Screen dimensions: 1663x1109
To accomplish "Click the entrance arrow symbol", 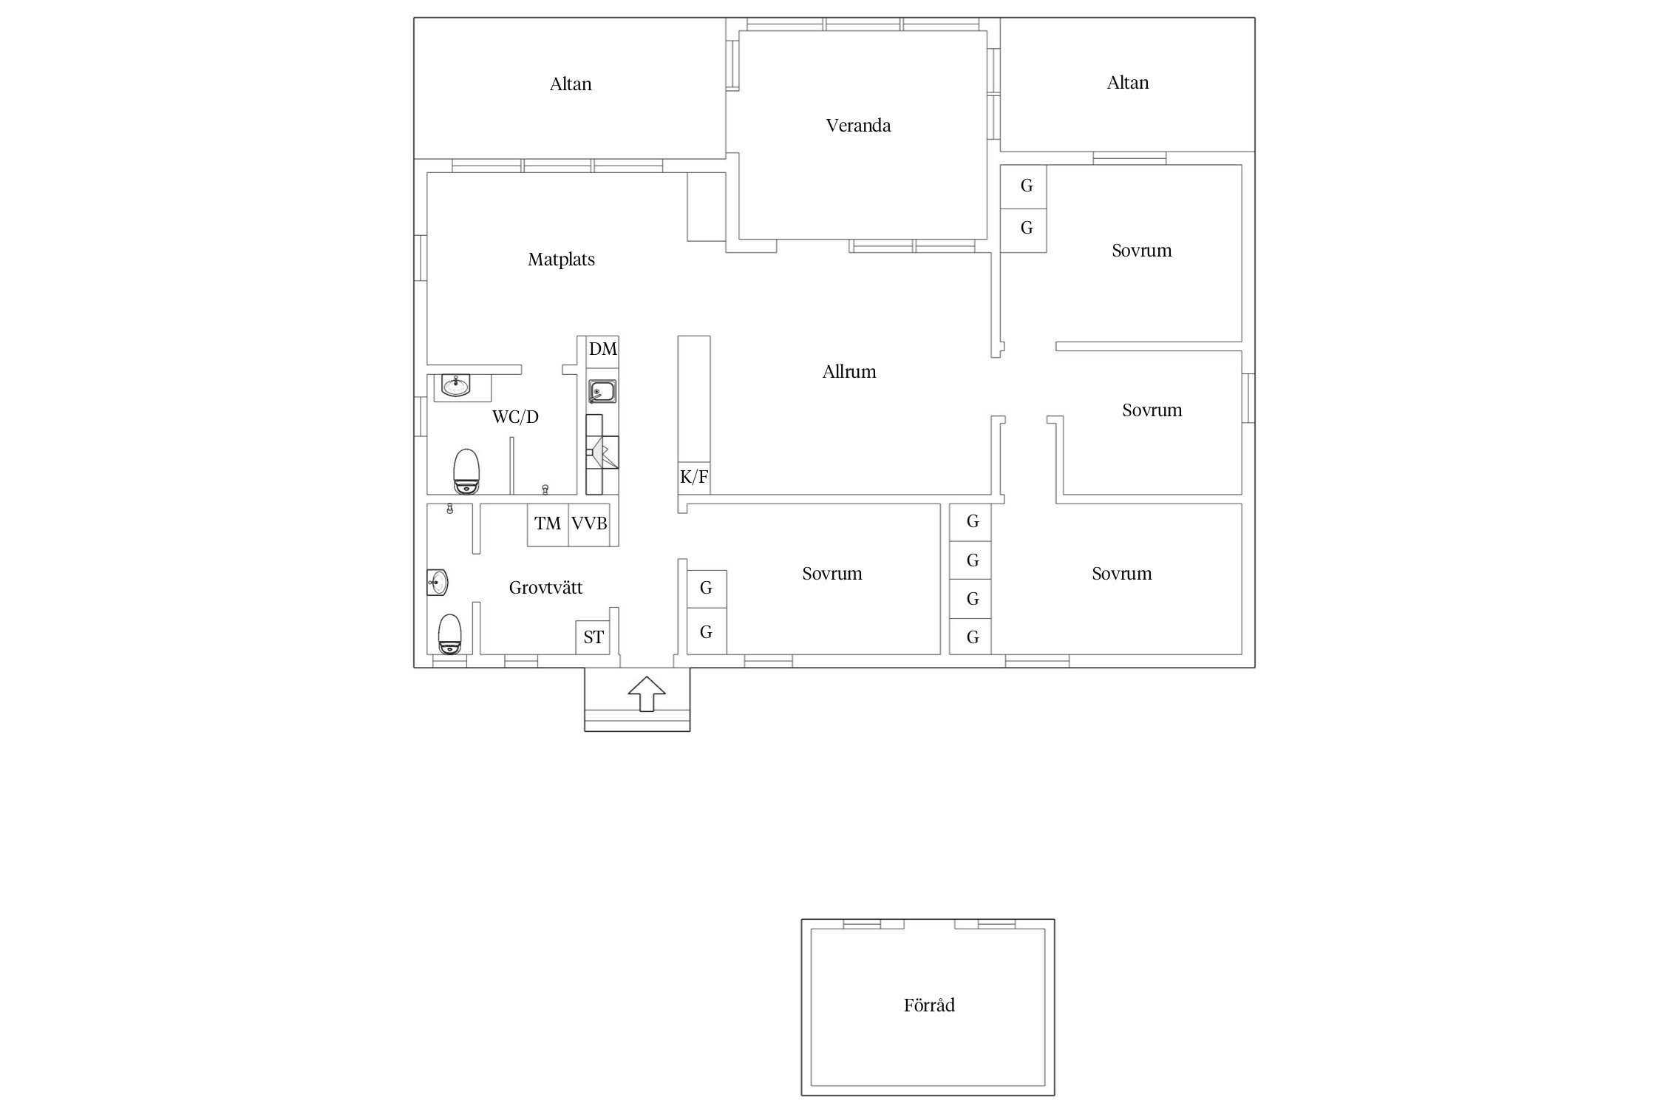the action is tap(647, 694).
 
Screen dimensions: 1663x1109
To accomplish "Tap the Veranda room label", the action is tap(858, 126).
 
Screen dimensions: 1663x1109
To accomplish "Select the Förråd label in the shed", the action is tap(929, 1005).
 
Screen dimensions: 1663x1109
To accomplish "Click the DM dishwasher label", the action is tap(602, 349).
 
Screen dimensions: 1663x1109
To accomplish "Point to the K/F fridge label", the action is tap(694, 478).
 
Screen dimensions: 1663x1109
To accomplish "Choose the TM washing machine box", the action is tap(548, 525).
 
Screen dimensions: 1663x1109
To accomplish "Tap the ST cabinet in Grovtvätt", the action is tap(593, 637).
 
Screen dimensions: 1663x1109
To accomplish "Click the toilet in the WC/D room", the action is tap(466, 471).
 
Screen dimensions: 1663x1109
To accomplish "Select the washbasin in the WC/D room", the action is tap(456, 385).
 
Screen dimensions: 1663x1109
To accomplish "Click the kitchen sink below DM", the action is tap(603, 392).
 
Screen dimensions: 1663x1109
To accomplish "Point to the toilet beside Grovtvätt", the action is tap(449, 634).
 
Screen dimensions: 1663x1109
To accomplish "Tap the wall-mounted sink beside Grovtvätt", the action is tap(438, 583).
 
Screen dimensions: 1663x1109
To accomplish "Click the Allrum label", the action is tap(849, 372).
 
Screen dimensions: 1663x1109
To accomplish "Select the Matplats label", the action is tap(561, 260).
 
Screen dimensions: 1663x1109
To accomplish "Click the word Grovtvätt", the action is tap(545, 588).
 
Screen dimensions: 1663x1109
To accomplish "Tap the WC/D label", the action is tap(515, 417).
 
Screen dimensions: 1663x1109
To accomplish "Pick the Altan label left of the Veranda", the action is tap(571, 84).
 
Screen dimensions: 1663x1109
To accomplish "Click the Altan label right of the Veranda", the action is tap(1128, 83).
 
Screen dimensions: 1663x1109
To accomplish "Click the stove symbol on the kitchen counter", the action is tap(602, 452).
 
